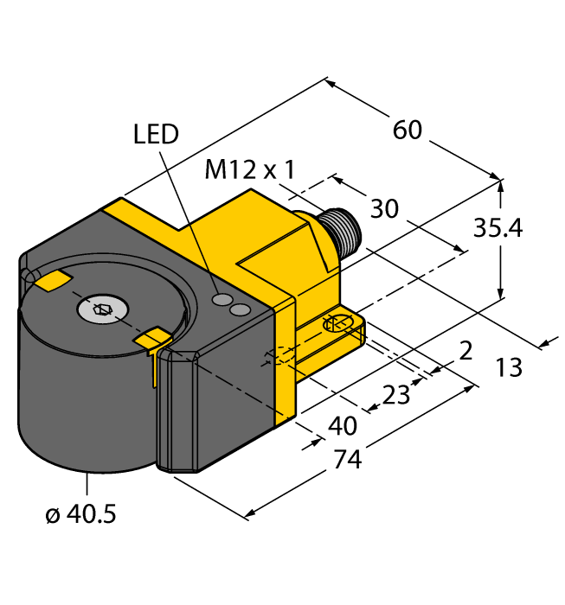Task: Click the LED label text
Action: click(x=156, y=134)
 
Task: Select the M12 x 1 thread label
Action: click(x=249, y=169)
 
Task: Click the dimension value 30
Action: click(x=384, y=209)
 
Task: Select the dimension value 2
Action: click(x=465, y=350)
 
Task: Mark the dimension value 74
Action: click(x=346, y=460)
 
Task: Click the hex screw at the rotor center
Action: click(x=103, y=307)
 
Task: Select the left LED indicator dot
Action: click(x=223, y=300)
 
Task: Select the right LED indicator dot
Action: click(x=241, y=309)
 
